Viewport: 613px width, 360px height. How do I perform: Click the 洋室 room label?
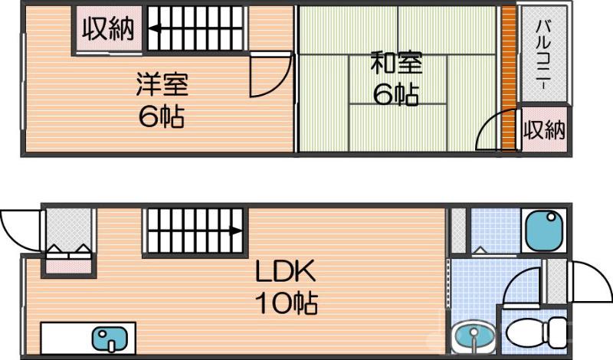click(x=162, y=83)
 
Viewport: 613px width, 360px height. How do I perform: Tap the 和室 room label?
click(x=395, y=62)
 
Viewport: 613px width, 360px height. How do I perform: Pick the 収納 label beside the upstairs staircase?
click(x=108, y=29)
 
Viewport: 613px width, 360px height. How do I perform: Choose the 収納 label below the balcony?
click(x=544, y=129)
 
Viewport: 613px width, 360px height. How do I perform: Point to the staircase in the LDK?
click(x=194, y=231)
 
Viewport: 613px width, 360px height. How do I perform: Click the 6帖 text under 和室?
click(x=395, y=94)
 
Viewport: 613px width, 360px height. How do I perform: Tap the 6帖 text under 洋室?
click(x=162, y=116)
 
